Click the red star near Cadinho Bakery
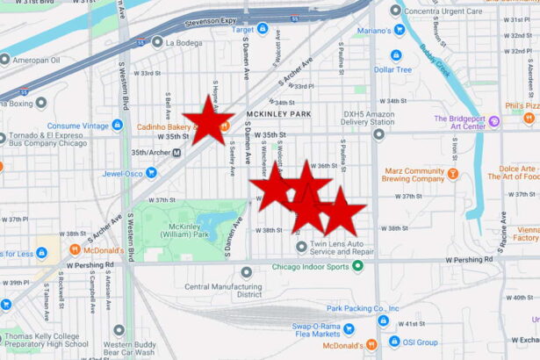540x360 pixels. pos(208,120)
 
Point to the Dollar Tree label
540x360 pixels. pos(392,69)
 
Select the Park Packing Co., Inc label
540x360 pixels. pos(363,308)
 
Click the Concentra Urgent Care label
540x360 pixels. pos(448,10)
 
